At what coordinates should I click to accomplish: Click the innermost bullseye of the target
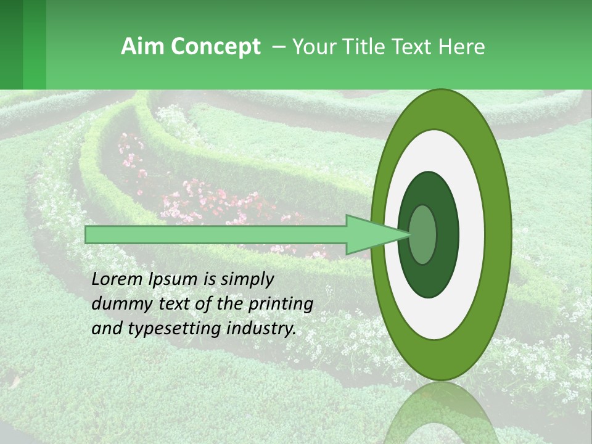coord(422,234)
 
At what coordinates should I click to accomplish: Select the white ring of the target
coord(472,234)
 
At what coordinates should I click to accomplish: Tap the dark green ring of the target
coord(448,234)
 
